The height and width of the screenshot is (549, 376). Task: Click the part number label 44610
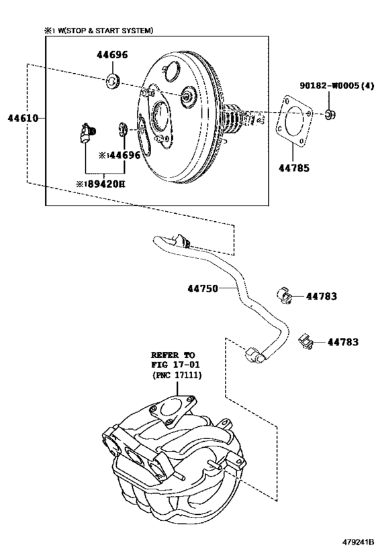tap(23, 119)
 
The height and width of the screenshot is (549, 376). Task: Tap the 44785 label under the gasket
tap(294, 168)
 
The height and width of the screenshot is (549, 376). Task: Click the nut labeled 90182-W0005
tap(329, 114)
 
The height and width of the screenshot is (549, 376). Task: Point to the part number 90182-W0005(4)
tap(336, 85)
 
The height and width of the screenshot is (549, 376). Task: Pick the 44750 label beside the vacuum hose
tap(203, 289)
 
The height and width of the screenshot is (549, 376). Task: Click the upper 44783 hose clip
tap(285, 296)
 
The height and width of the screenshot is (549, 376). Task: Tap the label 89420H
tap(106, 184)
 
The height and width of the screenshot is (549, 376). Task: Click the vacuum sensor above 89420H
tap(86, 133)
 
